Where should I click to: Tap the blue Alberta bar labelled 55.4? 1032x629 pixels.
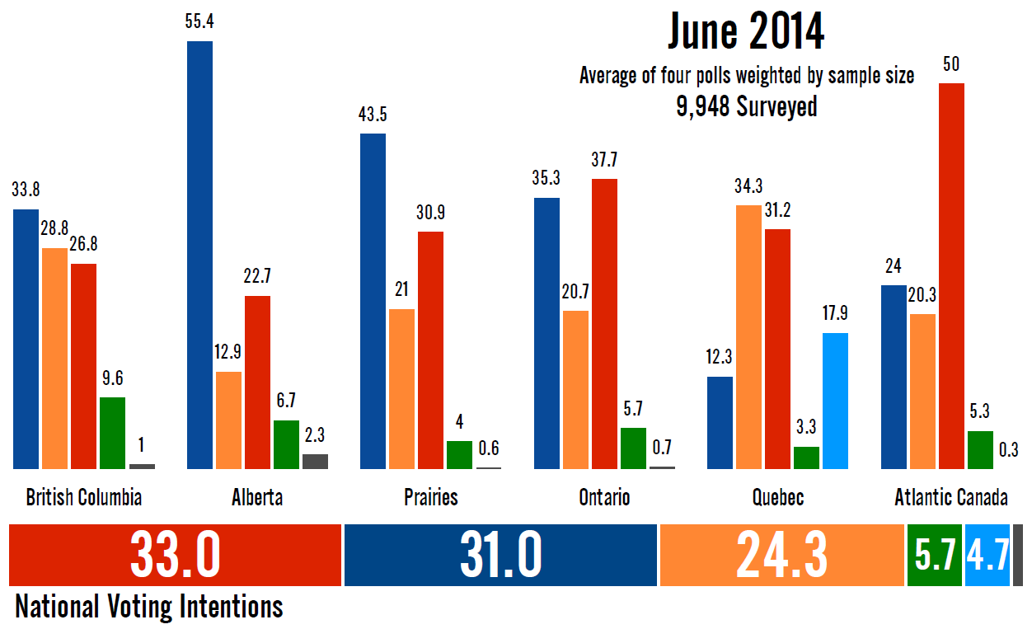[x=200, y=255]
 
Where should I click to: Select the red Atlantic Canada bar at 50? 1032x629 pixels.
[x=950, y=276]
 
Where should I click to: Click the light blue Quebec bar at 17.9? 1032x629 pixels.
[x=835, y=401]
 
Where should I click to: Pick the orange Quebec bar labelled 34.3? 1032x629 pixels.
[x=748, y=336]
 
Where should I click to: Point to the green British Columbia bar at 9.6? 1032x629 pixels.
[x=113, y=433]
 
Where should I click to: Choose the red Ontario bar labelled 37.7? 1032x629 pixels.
[x=604, y=323]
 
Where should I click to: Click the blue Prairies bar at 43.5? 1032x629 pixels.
[x=373, y=301]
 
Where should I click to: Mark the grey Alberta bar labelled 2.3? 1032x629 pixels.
[x=315, y=461]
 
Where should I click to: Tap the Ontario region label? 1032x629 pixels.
[x=604, y=498]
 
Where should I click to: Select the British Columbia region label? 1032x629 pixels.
[x=84, y=498]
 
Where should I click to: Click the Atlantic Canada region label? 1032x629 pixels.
[x=950, y=498]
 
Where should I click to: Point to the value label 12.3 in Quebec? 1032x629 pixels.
[x=719, y=358]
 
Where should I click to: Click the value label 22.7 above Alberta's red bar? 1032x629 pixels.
[x=257, y=277]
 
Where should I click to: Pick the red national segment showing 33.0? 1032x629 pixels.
[x=175, y=555]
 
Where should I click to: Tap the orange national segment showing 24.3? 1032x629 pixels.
[x=781, y=555]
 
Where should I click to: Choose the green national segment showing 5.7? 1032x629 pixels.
[x=935, y=555]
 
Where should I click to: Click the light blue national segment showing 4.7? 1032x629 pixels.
[x=987, y=555]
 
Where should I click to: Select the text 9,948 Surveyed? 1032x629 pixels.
[x=746, y=106]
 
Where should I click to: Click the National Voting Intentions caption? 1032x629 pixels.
[x=149, y=607]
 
